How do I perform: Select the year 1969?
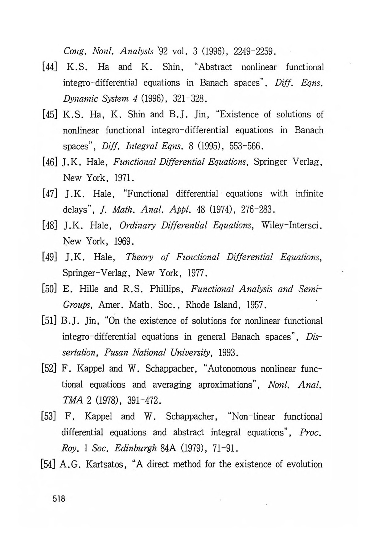coord(124,241)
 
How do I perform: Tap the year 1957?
coord(255,305)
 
